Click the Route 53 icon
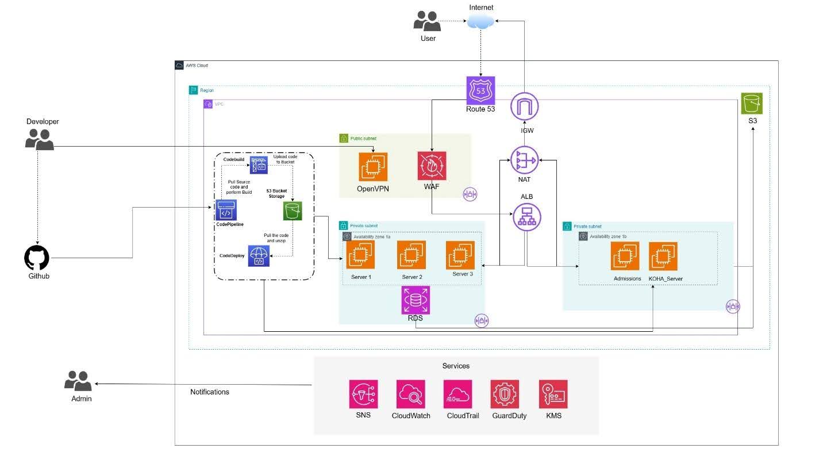tap(480, 90)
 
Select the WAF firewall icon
tap(432, 166)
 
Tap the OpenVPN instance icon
tap(373, 167)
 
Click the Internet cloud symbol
tap(481, 21)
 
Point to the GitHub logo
tap(37, 258)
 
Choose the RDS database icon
tap(415, 299)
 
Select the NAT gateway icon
tap(524, 160)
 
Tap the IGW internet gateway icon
tap(524, 106)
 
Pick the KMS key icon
tap(553, 394)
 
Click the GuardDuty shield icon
tap(505, 394)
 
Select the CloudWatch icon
tap(410, 394)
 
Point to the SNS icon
tap(363, 394)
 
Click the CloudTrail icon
tap(457, 394)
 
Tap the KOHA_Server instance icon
tap(663, 256)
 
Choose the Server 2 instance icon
tap(411, 255)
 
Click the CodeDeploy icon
tap(259, 256)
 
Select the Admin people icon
tap(78, 381)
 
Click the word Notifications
tap(210, 392)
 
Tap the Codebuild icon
tap(259, 165)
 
